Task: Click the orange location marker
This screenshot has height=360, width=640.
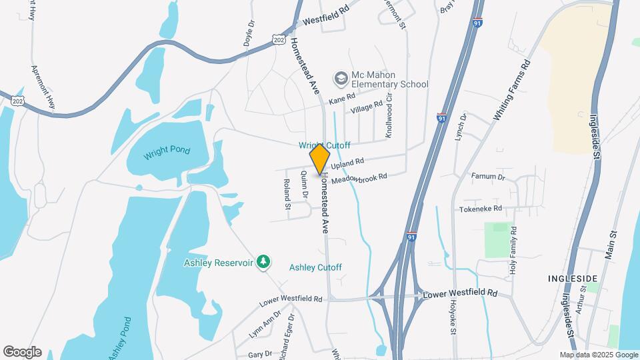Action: click(x=320, y=159)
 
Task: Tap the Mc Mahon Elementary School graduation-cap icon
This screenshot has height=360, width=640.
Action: click(x=341, y=79)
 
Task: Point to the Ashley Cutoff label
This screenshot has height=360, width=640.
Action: click(x=315, y=267)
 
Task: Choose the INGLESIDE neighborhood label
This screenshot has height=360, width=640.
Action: click(x=571, y=277)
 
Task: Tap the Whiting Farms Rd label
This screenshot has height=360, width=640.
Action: click(x=511, y=91)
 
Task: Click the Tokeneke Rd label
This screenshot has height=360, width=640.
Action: click(x=479, y=209)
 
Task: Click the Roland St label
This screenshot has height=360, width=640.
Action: click(x=287, y=194)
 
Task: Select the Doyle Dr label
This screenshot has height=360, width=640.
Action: click(x=251, y=31)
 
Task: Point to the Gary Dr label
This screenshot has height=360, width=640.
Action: click(x=260, y=354)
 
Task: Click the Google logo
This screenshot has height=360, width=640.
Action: click(x=22, y=352)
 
